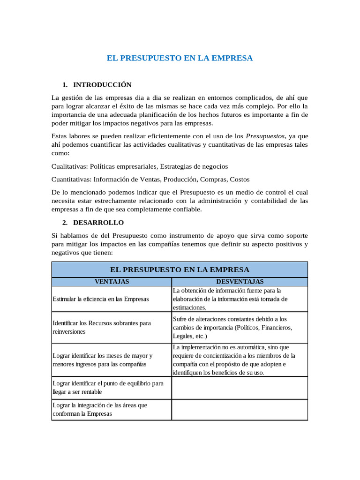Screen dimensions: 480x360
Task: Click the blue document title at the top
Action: (x=180, y=58)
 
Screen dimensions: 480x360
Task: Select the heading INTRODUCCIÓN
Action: (x=102, y=85)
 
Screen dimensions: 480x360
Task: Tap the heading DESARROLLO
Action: (x=98, y=222)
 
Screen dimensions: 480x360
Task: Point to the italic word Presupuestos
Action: (x=265, y=136)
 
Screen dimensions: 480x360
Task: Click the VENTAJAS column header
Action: (x=112, y=282)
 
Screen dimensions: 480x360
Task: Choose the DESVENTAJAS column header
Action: (x=240, y=282)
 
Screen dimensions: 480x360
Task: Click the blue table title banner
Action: (x=180, y=270)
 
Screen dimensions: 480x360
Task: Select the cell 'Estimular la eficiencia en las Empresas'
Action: (x=101, y=299)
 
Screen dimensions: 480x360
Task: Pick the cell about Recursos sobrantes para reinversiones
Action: (x=102, y=327)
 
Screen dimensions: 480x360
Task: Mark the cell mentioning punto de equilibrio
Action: (x=108, y=387)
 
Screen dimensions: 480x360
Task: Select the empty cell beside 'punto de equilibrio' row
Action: (x=240, y=388)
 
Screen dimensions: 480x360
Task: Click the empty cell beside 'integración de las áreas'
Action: (x=240, y=409)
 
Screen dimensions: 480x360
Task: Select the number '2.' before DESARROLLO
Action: (x=65, y=222)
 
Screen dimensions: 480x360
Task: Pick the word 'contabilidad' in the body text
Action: (x=270, y=201)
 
